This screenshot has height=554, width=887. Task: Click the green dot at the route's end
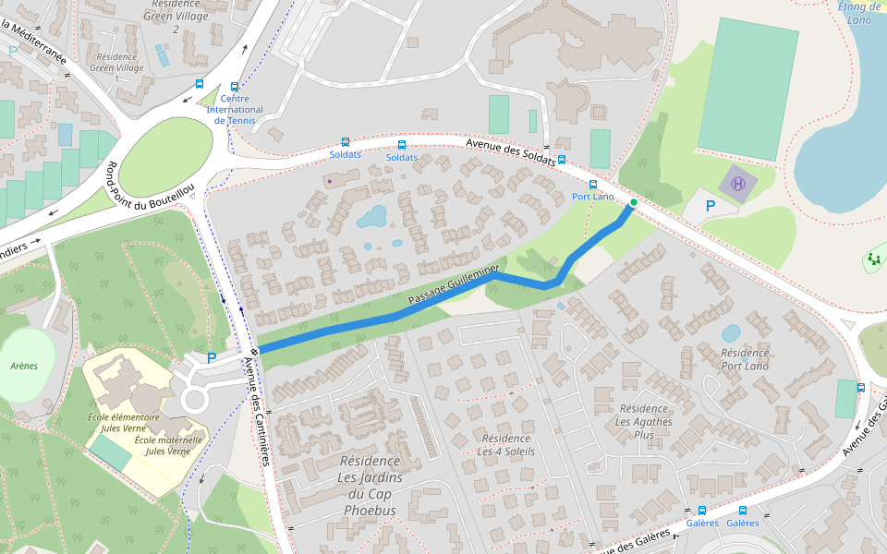pyautogui.click(x=633, y=202)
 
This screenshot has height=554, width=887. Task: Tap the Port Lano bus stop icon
pyautogui.click(x=593, y=185)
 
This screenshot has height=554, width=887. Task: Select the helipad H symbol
pyautogui.click(x=738, y=183)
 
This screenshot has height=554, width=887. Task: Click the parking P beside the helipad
pyautogui.click(x=710, y=207)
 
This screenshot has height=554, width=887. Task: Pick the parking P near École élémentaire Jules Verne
pyautogui.click(x=212, y=357)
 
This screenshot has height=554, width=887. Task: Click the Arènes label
pyautogui.click(x=24, y=366)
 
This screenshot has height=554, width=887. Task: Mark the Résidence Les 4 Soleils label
pyautogui.click(x=505, y=444)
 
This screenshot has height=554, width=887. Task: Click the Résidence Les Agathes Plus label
pyautogui.click(x=648, y=421)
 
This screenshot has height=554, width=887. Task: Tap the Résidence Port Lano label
pyautogui.click(x=745, y=359)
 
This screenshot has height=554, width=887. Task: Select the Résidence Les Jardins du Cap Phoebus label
pyautogui.click(x=370, y=486)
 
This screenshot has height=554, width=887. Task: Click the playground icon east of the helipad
pyautogui.click(x=873, y=259)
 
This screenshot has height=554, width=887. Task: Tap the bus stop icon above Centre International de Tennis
pyautogui.click(x=236, y=86)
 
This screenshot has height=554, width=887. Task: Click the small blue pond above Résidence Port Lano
pyautogui.click(x=730, y=332)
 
